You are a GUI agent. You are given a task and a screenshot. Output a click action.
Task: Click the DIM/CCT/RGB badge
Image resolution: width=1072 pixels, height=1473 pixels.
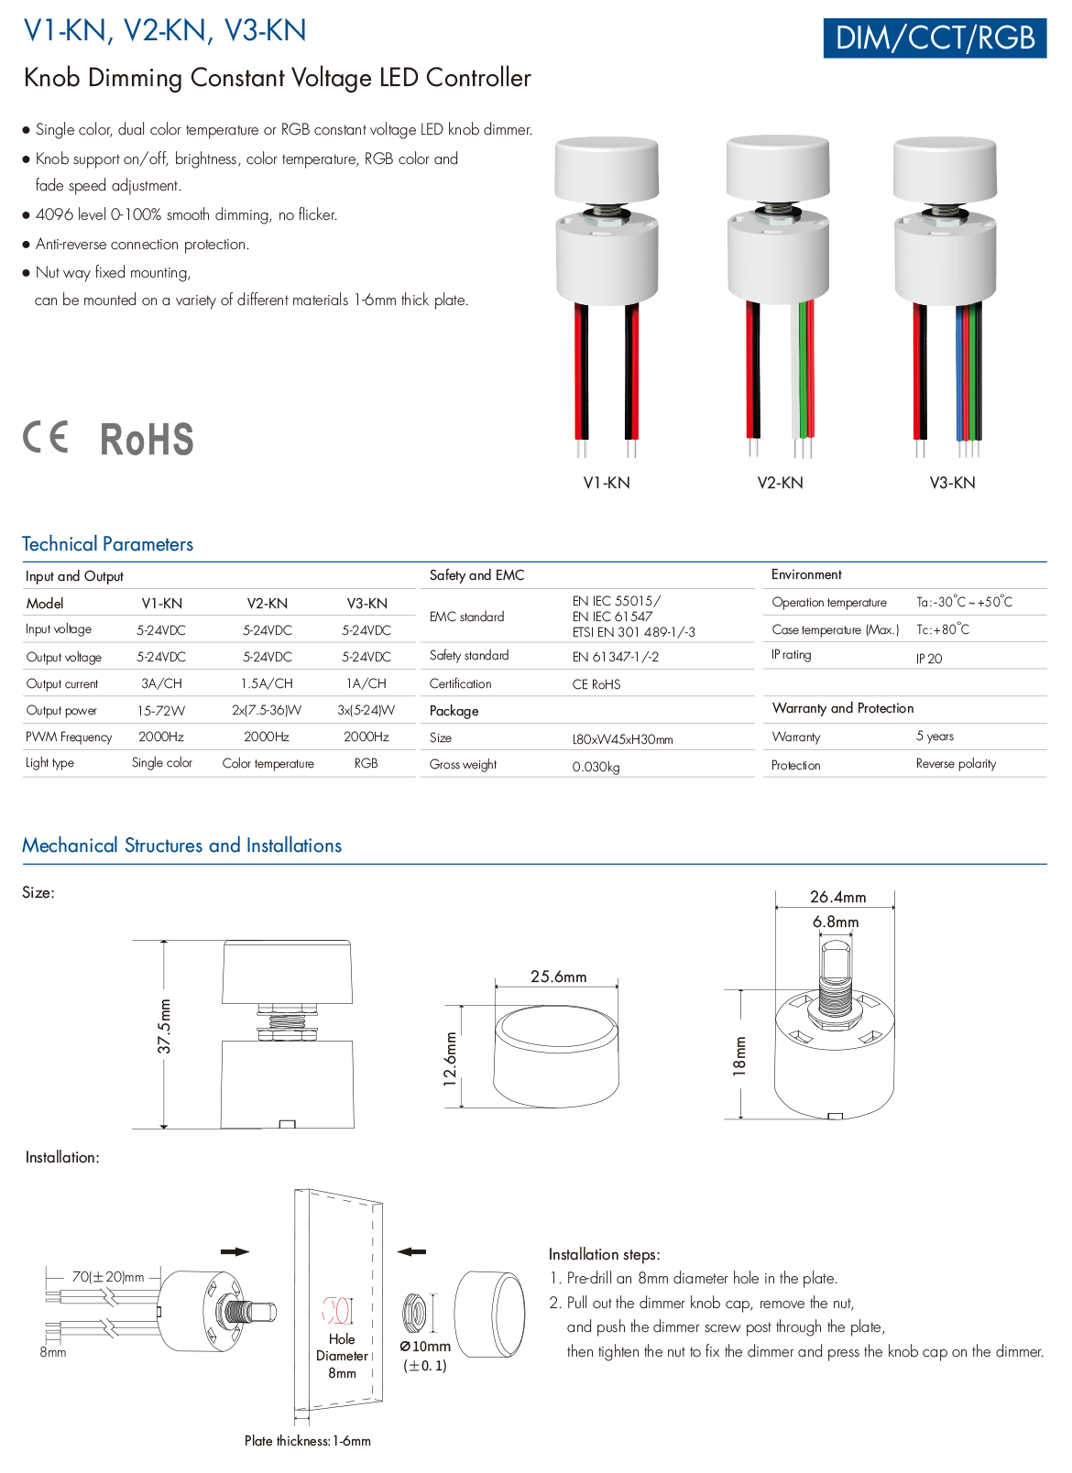pos(935,38)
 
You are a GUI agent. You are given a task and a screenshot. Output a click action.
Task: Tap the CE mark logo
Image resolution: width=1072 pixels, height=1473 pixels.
pos(46,437)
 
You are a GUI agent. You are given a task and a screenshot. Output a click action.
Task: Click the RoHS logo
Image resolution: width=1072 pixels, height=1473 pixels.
pos(147,440)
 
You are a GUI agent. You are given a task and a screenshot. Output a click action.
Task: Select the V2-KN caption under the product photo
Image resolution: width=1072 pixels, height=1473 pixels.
pos(780,483)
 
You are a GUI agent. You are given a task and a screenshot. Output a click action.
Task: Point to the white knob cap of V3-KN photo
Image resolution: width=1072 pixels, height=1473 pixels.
pos(945,169)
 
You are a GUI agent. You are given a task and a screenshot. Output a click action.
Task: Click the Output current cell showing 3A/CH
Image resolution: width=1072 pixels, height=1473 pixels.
pos(161,683)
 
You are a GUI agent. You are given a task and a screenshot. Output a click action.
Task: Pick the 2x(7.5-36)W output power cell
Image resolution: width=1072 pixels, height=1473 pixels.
pos(267,710)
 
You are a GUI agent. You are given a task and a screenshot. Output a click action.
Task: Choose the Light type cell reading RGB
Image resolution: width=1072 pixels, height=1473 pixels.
pos(366,763)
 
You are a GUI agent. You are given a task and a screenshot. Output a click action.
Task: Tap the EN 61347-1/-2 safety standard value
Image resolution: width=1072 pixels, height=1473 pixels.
pos(615,657)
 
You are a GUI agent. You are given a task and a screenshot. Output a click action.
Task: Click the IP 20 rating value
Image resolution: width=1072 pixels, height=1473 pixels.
pos(928,659)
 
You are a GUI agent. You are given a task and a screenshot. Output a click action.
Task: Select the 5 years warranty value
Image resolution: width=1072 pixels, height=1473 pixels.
pos(935,736)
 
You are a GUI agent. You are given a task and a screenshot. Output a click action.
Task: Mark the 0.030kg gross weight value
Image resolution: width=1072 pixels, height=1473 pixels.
pos(596,767)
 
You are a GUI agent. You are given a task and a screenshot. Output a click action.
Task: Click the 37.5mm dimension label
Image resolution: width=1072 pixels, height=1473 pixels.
pos(165,1026)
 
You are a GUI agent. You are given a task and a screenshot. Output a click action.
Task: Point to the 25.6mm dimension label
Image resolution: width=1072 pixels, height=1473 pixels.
pos(558,977)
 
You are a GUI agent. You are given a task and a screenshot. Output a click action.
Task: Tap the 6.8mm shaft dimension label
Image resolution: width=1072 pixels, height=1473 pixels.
pos(836,922)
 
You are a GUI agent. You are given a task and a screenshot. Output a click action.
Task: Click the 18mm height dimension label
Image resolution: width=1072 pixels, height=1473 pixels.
pos(740,1055)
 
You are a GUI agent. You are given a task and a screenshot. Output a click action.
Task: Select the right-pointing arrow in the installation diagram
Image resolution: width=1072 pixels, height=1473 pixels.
pos(235,1251)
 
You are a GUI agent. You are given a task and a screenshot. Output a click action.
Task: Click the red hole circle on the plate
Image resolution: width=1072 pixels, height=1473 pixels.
pos(337,1310)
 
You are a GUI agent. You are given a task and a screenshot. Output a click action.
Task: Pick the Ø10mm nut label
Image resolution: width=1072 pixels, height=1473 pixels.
pos(425,1347)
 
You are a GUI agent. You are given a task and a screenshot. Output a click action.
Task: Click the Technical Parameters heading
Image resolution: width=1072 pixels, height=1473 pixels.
pos(108,544)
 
